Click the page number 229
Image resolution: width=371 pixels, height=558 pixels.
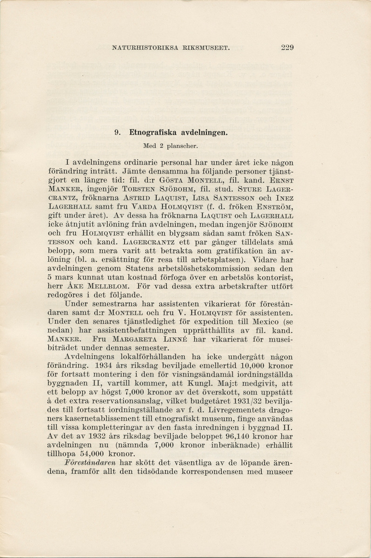pos(287,47)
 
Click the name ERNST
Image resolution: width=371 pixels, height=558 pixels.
pos(282,180)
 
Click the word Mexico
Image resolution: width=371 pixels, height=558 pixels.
pos(266,322)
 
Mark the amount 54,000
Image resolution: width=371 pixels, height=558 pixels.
pos(93,455)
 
